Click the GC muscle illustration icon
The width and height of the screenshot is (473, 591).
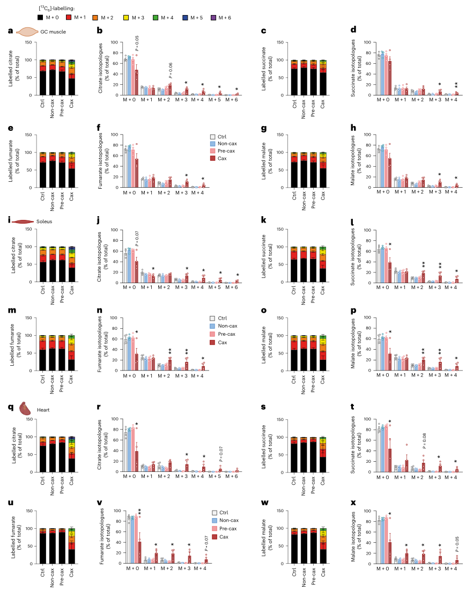[26, 32]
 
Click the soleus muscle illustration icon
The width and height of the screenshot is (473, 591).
[25, 221]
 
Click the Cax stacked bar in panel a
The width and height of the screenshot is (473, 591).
[72, 77]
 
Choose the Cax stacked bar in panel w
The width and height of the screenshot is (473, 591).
[323, 545]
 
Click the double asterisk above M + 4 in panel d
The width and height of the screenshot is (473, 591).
[456, 84]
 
